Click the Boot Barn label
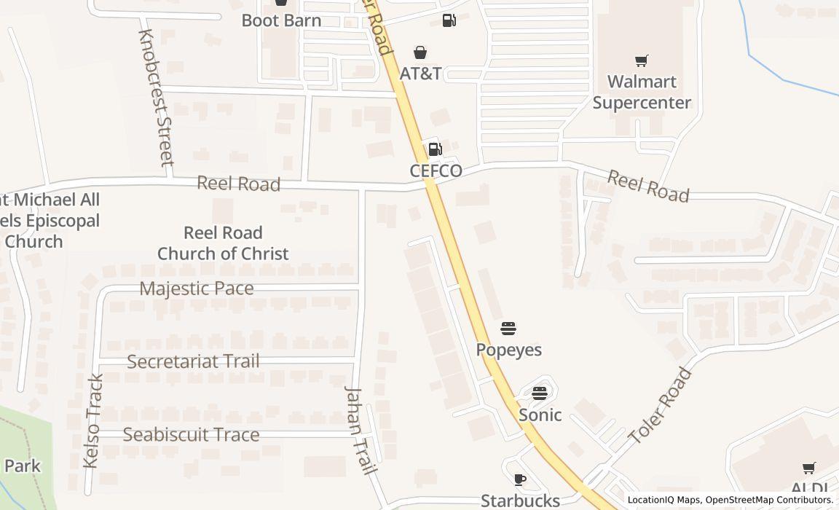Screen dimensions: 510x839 281,20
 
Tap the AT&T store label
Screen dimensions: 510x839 420,74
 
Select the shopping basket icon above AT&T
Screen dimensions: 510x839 420,52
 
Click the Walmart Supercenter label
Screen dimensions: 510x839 641,92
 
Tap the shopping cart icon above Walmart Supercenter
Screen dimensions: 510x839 641,61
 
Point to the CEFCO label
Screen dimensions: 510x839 436,171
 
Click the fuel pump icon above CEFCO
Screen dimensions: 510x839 435,149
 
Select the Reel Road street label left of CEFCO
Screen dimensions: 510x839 238,184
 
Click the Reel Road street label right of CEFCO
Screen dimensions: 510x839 647,186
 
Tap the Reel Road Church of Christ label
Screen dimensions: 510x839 223,243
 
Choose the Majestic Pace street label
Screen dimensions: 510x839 197,289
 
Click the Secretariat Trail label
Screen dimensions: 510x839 193,361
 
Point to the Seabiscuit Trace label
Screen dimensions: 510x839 191,435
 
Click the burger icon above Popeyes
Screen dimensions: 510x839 508,329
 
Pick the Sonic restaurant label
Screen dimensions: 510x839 540,415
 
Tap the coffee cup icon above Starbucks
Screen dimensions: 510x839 519,479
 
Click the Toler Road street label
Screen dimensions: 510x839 660,407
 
